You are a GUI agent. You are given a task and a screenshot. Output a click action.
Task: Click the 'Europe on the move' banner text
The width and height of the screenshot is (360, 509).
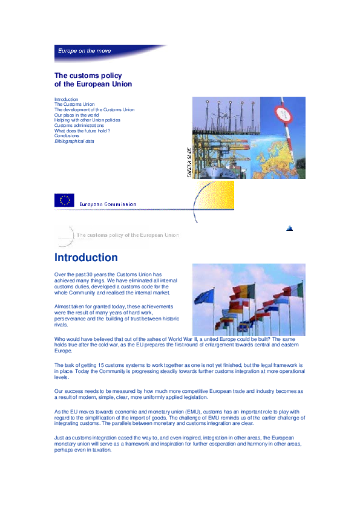pyautogui.click(x=84, y=51)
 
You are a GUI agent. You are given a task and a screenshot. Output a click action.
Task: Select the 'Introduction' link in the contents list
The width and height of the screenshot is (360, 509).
pyautogui.click(x=66, y=99)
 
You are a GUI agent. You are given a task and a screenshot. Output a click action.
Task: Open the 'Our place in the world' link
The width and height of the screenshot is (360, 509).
pyautogui.click(x=76, y=115)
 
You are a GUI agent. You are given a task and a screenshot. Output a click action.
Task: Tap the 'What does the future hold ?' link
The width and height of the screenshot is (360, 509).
pyautogui.click(x=82, y=131)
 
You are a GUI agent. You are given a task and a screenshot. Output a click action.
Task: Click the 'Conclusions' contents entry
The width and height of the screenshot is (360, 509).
pyautogui.click(x=67, y=136)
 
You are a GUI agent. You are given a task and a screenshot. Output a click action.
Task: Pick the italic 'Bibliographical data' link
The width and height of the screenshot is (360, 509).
pyautogui.click(x=74, y=141)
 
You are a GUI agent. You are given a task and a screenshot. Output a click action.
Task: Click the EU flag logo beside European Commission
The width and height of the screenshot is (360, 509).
pyautogui.click(x=64, y=200)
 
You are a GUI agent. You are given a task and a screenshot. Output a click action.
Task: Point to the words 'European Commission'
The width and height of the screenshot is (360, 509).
pyautogui.click(x=108, y=204)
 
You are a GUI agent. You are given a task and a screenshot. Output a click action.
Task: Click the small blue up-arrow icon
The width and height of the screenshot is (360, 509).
pyautogui.click(x=290, y=228)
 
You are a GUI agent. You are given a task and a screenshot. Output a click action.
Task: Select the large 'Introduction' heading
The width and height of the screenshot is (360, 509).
pyautogui.click(x=86, y=258)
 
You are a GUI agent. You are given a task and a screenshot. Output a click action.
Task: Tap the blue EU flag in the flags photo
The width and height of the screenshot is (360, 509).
pyautogui.click(x=203, y=296)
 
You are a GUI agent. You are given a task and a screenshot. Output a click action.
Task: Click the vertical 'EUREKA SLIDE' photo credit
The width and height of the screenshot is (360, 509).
pyautogui.click(x=189, y=163)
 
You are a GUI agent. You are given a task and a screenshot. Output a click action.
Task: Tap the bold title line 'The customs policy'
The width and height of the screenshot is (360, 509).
pyautogui.click(x=88, y=76)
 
